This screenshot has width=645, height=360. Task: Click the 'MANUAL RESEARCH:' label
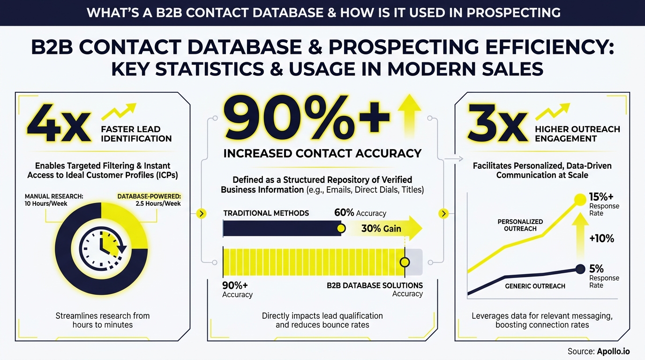pos(53,196)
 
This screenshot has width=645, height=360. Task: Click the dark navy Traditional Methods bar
pos(281,228)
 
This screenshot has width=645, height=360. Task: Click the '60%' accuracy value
pos(344,213)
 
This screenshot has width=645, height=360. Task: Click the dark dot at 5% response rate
pos(580,269)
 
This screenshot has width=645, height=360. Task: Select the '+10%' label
pos(601,238)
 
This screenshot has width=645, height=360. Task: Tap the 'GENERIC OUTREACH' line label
pos(535,286)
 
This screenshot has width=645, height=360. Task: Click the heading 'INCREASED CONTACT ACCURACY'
pos(322,153)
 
